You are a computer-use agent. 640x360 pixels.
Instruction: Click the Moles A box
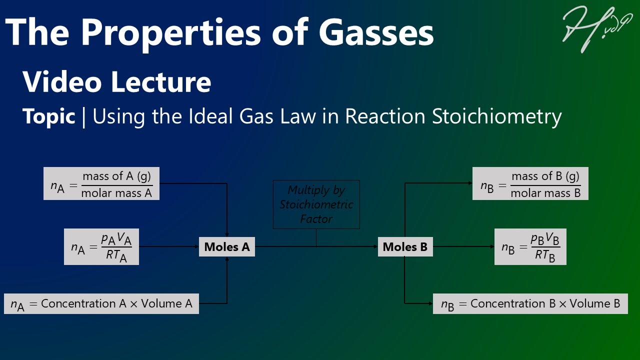(227, 247)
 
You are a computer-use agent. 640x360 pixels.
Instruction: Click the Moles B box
(405, 247)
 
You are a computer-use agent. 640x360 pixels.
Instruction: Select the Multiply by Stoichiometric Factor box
(316, 204)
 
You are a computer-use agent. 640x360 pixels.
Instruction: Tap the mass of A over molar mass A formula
(101, 183)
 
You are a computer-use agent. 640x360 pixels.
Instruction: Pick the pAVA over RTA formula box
(101, 247)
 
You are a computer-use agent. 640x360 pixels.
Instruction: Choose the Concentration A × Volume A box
(101, 304)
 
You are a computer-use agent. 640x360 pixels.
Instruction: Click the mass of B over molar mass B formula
(530, 183)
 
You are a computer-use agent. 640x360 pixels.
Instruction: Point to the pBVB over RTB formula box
(530, 247)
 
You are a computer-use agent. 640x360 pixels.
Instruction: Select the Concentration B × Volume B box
(530, 304)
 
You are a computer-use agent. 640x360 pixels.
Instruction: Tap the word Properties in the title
(170, 32)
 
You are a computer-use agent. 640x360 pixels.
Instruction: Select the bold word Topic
(48, 116)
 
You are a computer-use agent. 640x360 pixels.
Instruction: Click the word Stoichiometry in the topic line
(496, 116)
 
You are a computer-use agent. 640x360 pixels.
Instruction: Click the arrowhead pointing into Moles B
(375, 247)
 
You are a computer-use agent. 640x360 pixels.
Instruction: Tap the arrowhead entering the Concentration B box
(430, 303)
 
